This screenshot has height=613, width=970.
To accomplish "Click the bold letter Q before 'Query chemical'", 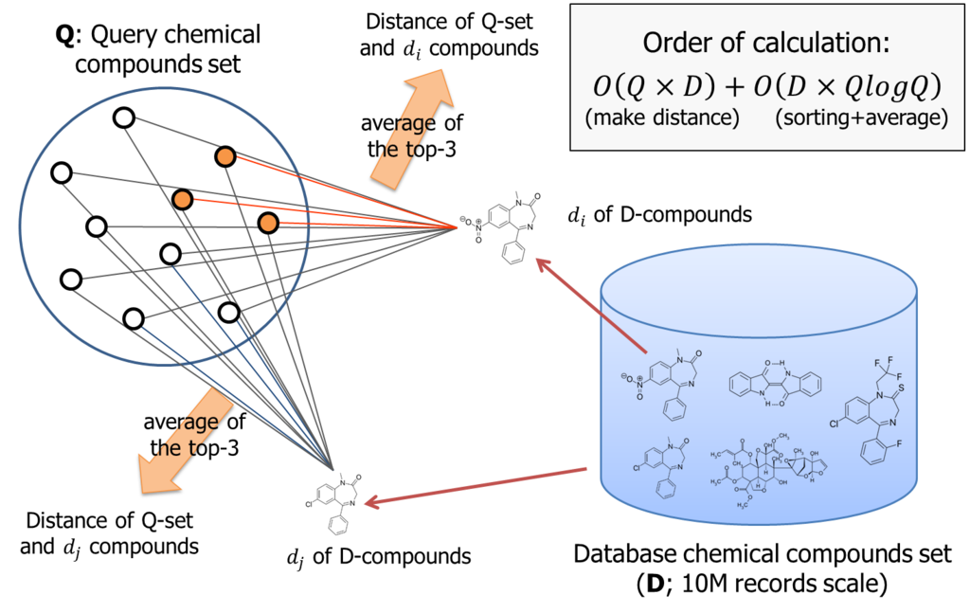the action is coord(63,35).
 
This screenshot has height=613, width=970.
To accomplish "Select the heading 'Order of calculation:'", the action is coord(765,43).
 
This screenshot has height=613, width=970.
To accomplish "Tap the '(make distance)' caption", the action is coord(662,117).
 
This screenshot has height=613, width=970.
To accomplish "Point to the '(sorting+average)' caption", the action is coord(861,117).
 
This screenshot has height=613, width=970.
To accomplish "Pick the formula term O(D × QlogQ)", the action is coord(847,87).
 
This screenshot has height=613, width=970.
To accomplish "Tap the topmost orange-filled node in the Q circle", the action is coord(225,156).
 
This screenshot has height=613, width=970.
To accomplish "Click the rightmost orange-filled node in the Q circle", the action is coord(268,223).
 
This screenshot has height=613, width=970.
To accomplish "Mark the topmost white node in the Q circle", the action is coord(124,117).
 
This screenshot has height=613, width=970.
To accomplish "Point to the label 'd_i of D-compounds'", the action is coord(659,215).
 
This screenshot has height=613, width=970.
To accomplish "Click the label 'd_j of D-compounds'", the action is coord(379,557).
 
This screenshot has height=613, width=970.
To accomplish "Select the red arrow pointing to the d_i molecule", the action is coord(591,306).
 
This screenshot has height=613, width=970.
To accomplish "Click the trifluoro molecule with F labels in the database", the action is coord(873,410).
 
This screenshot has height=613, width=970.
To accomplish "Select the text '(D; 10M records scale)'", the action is coord(762,584).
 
